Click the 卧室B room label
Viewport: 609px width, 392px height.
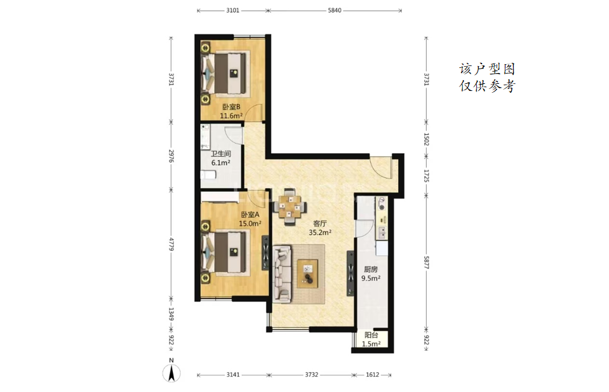point(231,107)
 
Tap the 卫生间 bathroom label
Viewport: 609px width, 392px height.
point(220,154)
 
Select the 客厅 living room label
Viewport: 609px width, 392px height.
point(320,224)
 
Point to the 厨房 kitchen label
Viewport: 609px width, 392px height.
point(371,269)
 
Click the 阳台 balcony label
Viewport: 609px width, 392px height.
point(371,335)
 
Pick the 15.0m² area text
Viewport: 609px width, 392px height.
point(250,224)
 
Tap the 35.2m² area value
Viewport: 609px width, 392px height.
point(320,233)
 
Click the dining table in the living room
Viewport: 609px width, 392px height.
point(290,207)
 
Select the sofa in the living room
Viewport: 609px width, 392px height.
point(283,273)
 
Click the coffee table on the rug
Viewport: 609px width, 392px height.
point(307,274)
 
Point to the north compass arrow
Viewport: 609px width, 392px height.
point(171,374)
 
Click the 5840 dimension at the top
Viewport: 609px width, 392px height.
point(335,11)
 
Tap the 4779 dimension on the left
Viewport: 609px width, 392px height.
point(171,243)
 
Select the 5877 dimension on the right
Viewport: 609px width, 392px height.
point(426,262)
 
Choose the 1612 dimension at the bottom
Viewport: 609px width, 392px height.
point(373,375)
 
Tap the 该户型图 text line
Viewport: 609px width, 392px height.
point(487,69)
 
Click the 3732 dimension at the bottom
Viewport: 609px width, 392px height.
point(312,375)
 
